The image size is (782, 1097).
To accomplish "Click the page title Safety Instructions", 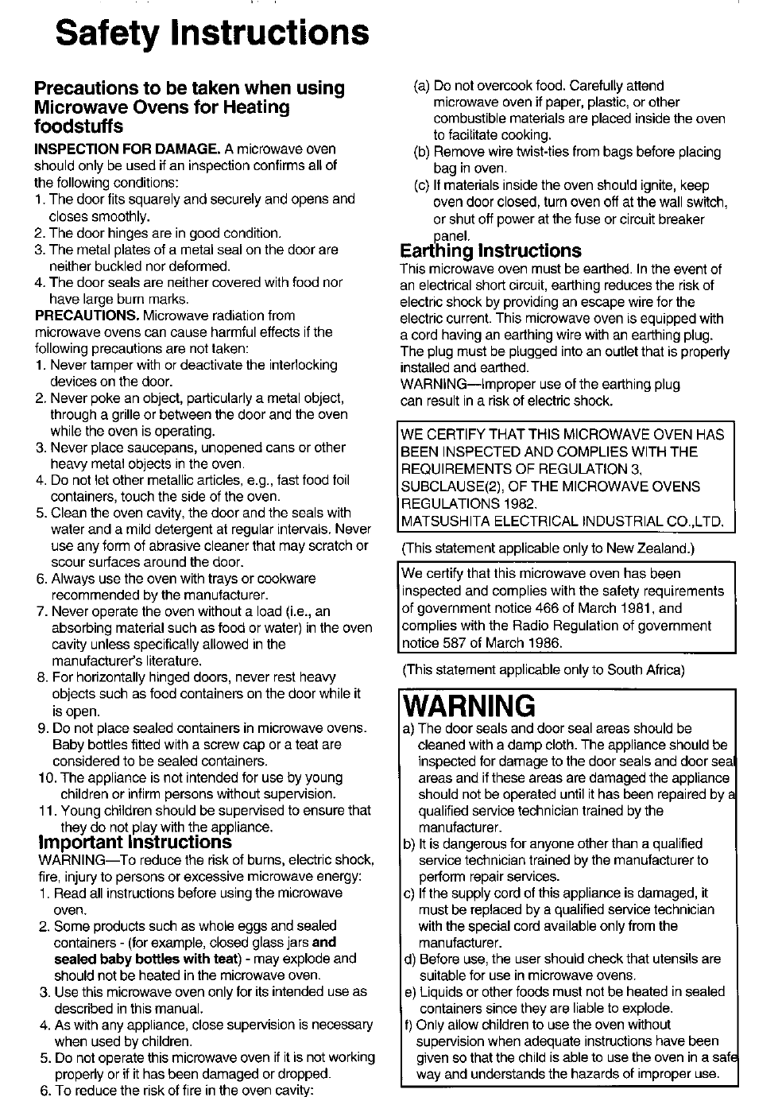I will pos(212,33).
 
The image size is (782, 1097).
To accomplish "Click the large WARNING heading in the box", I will pos(469,705).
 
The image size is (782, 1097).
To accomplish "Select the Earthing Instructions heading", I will pos(490,251).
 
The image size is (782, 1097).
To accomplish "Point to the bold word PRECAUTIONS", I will pos(86,316).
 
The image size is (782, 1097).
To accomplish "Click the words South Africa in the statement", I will pos(645,669).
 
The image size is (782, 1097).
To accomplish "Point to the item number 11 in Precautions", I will pos(46,811).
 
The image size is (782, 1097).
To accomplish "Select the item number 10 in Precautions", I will pos(46,777).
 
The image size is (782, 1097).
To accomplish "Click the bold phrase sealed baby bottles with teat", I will pos(147,959).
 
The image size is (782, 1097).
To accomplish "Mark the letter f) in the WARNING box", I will pos(408,1025).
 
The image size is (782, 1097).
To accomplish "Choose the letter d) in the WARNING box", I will pos(409,959).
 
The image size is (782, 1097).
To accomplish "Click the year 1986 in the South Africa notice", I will pos(545,643).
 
